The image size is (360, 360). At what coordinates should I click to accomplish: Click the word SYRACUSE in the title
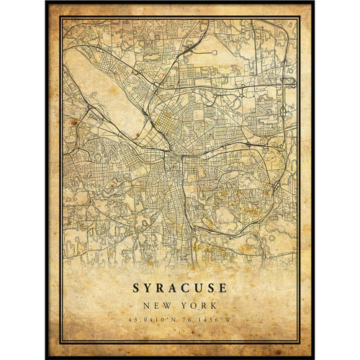pyautogui.click(x=179, y=288)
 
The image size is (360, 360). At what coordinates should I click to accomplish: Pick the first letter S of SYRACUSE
pyautogui.click(x=136, y=288)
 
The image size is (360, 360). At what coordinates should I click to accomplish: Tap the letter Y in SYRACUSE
pyautogui.click(x=148, y=288)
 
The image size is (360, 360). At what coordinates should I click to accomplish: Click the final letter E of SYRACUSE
pyautogui.click(x=222, y=288)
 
